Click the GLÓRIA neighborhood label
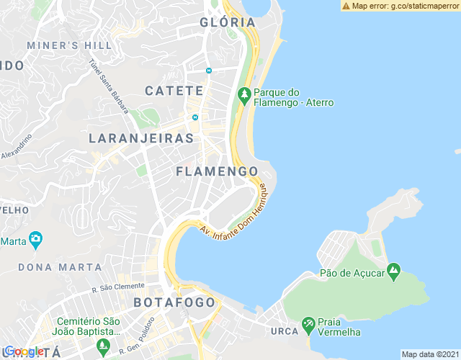tap(228, 22)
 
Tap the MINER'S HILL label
tap(69, 45)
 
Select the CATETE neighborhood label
tap(174, 91)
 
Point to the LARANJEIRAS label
tap(141, 138)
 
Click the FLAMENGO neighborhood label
tap(217, 171)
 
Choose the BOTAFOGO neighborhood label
tap(175, 302)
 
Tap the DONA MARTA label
tap(60, 266)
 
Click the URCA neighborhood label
tap(286, 331)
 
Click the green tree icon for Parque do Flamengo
tap(244, 94)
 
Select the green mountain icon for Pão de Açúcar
tap(393, 272)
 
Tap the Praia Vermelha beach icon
tap(308, 325)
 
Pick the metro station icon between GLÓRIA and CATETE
tap(208, 71)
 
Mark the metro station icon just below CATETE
tap(194, 118)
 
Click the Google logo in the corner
tap(23, 351)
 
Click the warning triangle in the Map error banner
tap(346, 6)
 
